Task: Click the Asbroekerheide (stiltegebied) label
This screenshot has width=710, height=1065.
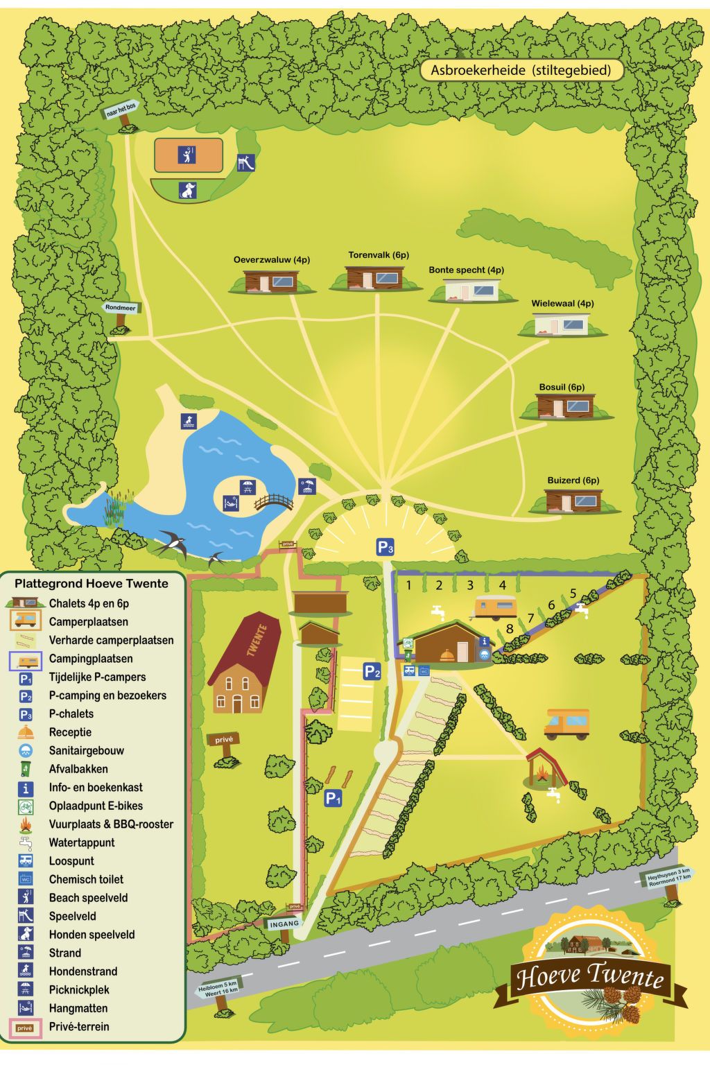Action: pyautogui.click(x=521, y=70)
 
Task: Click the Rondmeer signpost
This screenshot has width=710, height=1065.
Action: pyautogui.click(x=121, y=308)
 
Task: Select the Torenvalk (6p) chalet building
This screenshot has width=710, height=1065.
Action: pyautogui.click(x=374, y=277)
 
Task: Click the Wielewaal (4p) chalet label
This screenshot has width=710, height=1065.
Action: pyautogui.click(x=562, y=304)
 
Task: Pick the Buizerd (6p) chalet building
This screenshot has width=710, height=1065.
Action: pyautogui.click(x=573, y=500)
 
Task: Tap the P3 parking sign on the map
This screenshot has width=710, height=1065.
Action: pyautogui.click(x=386, y=547)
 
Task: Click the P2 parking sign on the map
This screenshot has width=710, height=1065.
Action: pyautogui.click(x=372, y=671)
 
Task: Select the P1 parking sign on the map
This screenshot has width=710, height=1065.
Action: pyautogui.click(x=334, y=798)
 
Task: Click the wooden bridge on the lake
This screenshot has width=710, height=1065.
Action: pyautogui.click(x=274, y=501)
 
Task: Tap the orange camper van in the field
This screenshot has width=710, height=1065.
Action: pyautogui.click(x=566, y=723)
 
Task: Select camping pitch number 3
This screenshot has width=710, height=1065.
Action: pyautogui.click(x=470, y=585)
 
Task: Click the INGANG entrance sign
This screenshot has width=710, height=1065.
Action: pyautogui.click(x=284, y=924)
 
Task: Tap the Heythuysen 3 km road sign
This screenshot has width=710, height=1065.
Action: pyautogui.click(x=668, y=876)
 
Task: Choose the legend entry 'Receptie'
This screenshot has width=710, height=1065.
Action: pyautogui.click(x=70, y=732)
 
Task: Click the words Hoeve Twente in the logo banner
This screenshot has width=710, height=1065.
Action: pyautogui.click(x=589, y=976)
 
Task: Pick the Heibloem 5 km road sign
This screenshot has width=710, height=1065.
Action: pyautogui.click(x=218, y=987)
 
